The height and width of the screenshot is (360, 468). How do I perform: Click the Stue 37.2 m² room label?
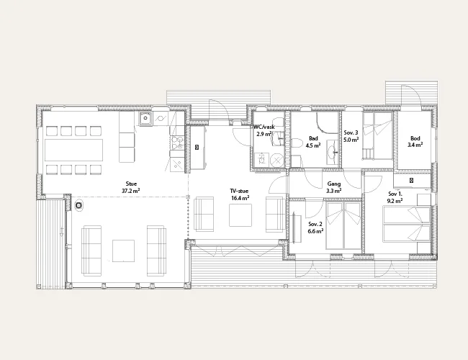click(131, 187)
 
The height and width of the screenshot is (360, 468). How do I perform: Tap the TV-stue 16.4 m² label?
click(239, 194)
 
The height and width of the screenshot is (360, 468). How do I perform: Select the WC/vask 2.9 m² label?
click(264, 130)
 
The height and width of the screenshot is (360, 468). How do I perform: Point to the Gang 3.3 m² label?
click(333, 187)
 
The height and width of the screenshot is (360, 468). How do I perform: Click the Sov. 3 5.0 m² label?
click(351, 136)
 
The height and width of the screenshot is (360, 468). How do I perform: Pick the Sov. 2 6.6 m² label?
click(315, 228)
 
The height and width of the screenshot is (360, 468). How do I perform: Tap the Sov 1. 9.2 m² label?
click(395, 197)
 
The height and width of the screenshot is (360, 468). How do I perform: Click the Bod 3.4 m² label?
click(415, 142)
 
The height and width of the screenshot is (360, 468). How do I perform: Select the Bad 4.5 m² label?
click(313, 142)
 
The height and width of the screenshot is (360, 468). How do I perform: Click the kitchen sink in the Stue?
click(145, 119)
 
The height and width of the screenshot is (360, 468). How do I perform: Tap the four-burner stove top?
click(177, 143)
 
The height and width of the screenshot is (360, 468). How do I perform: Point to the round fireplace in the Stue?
click(78, 205)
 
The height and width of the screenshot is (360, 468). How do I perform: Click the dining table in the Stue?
click(74, 150)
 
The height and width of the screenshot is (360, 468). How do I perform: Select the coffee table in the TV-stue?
click(240, 215)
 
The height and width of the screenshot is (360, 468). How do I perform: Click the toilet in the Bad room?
click(297, 144)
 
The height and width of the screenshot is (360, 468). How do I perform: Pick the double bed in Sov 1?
click(407, 224)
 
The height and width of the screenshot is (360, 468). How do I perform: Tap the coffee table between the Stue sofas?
click(123, 251)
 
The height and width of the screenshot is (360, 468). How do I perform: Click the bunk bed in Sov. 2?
click(343, 226)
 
